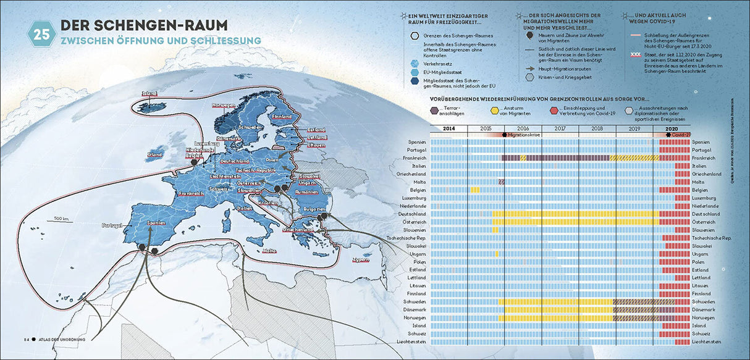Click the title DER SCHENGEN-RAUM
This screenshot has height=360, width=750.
pos(143,25)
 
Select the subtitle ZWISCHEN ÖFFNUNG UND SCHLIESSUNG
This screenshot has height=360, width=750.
pos(160,41)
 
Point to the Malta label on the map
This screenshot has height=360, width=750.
pos(269,251)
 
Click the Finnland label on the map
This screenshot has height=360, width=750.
pos(282,117)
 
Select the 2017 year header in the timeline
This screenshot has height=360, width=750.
pos(560,128)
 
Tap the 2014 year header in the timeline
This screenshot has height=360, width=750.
pos(449,128)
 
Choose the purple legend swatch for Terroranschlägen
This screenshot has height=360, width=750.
pos(436,111)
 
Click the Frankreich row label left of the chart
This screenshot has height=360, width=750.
pos(413,158)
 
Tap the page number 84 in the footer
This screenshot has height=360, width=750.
pos(27,339)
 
